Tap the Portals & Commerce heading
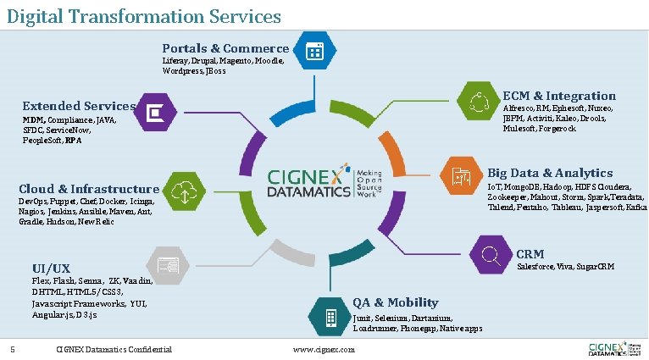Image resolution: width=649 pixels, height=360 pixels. pos(225,48)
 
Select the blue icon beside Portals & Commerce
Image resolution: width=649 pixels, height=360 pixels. pos(313,51)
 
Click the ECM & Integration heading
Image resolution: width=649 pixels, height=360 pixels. pos(559,96)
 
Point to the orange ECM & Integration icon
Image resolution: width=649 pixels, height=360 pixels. pos(476,101)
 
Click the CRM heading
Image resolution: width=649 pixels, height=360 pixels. pos(530,254)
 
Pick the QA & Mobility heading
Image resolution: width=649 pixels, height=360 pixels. pos(396,302)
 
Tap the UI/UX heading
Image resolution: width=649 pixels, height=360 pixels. pos(51,269)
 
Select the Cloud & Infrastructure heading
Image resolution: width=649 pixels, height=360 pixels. pos(89,189)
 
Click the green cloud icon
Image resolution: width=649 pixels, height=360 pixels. pos(184,191)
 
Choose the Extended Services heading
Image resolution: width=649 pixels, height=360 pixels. pos(79,106)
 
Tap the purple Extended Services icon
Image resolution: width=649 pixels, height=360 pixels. pos(156,112)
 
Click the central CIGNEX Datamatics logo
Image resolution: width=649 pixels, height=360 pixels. pos(324,183)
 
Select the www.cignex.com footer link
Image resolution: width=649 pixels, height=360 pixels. pos(324,349)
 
